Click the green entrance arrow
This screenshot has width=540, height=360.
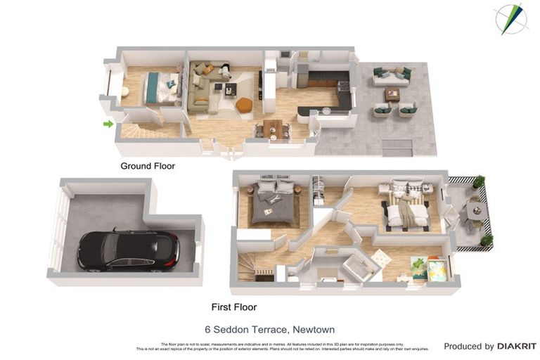108,124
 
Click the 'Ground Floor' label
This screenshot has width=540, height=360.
148,167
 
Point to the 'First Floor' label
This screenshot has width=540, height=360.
234,307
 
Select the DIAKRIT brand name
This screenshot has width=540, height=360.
517,346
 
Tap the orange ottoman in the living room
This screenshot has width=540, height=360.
243,105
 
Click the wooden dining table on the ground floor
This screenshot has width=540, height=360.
272,129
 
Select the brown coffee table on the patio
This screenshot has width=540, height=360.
392,94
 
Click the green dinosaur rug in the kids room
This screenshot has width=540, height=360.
420,265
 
